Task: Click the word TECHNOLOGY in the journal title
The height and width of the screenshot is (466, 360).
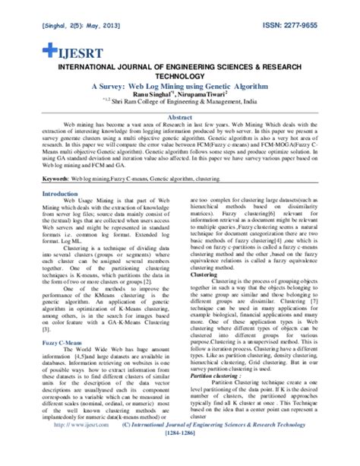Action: [x=180, y=76]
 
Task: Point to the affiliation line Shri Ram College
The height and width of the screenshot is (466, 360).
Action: [x=179, y=103]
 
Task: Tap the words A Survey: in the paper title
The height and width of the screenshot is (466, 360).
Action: [x=105, y=85]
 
